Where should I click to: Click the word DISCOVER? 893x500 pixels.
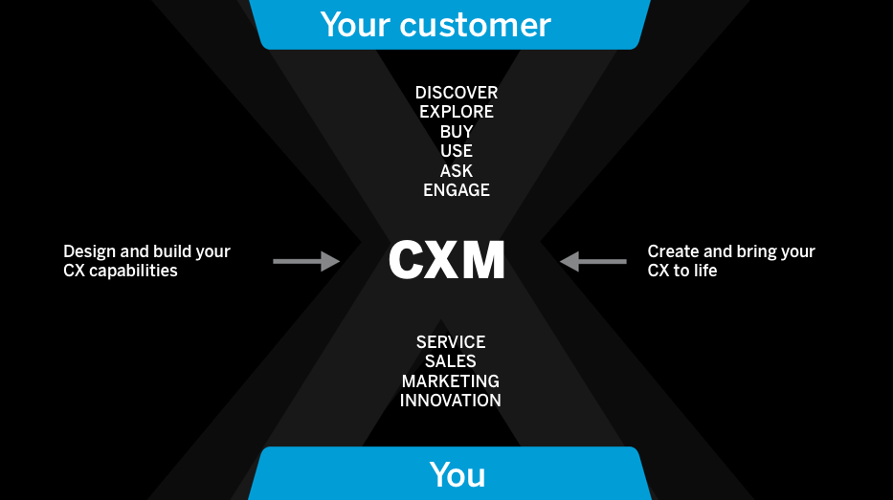click(x=457, y=93)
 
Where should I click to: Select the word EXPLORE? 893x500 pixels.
click(x=457, y=112)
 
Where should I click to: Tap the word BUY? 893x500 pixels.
click(x=457, y=132)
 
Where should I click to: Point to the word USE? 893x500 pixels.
click(x=457, y=151)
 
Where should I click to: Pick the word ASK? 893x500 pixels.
click(x=457, y=171)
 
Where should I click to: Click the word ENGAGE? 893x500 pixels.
click(x=457, y=190)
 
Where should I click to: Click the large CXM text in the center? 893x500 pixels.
click(x=447, y=260)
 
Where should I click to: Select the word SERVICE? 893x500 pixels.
click(x=451, y=342)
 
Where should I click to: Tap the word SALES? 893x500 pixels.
click(x=451, y=361)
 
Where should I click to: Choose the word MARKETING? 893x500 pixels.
click(x=451, y=381)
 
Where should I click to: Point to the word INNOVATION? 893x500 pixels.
click(x=451, y=401)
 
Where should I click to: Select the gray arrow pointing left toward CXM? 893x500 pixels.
click(x=593, y=261)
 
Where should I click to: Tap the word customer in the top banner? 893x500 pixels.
click(x=475, y=25)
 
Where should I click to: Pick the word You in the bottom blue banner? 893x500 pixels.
click(x=458, y=475)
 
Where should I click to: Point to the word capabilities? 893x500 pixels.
click(x=133, y=271)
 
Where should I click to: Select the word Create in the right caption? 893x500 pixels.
click(x=673, y=251)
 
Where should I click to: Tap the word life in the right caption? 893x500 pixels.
click(x=703, y=271)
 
